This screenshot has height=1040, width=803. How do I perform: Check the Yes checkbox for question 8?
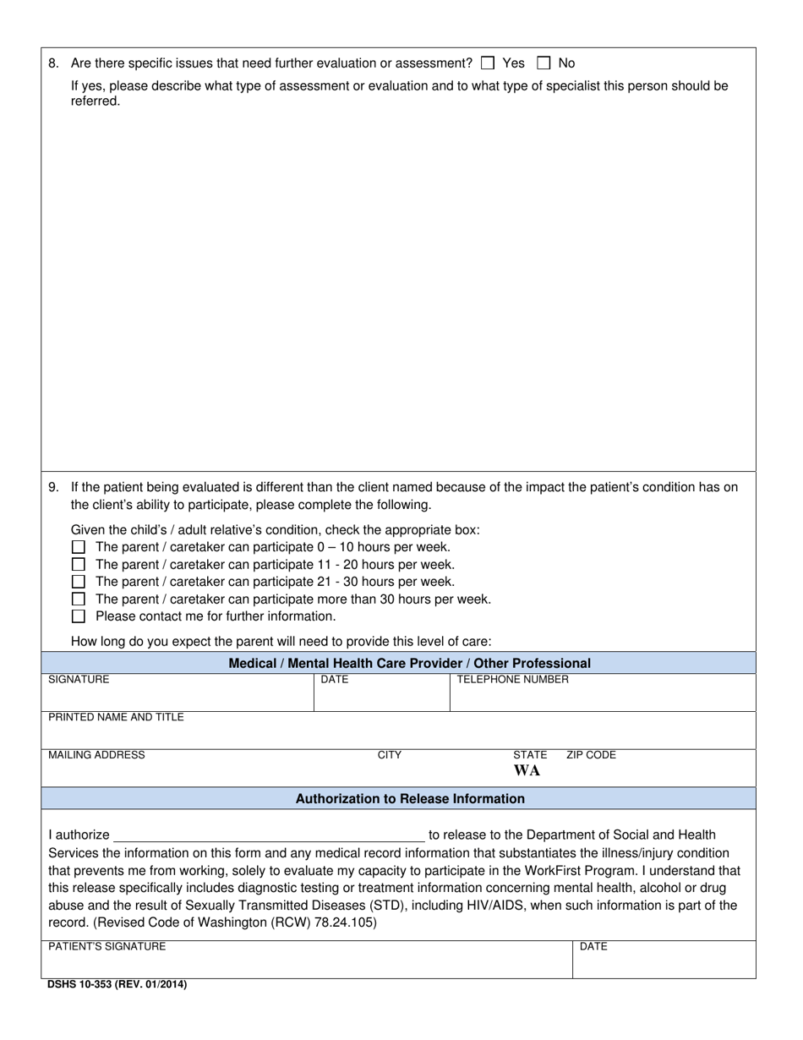[487, 63]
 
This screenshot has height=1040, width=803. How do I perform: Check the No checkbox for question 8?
[544, 63]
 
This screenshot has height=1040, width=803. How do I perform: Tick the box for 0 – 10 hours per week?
[79, 547]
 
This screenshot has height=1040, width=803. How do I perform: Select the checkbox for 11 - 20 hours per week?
[79, 564]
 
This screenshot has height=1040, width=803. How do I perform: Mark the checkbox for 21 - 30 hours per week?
[79, 582]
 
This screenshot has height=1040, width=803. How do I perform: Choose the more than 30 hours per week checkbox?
[79, 599]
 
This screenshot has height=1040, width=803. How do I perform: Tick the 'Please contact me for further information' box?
[79, 616]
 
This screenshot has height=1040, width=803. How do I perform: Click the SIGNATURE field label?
[79, 680]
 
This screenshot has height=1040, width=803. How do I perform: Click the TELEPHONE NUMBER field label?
[512, 680]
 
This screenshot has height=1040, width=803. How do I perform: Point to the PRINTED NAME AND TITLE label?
[116, 718]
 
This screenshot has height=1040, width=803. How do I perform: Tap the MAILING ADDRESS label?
[96, 755]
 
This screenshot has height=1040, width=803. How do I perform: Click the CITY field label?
[389, 755]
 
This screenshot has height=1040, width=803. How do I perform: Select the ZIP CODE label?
[591, 755]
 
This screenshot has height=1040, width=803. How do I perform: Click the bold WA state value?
[527, 771]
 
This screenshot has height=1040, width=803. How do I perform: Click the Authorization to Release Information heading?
[410, 799]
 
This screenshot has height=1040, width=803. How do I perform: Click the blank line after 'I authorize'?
[269, 835]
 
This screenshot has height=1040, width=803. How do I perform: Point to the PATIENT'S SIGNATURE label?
[107, 947]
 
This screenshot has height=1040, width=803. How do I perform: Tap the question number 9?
[54, 487]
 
